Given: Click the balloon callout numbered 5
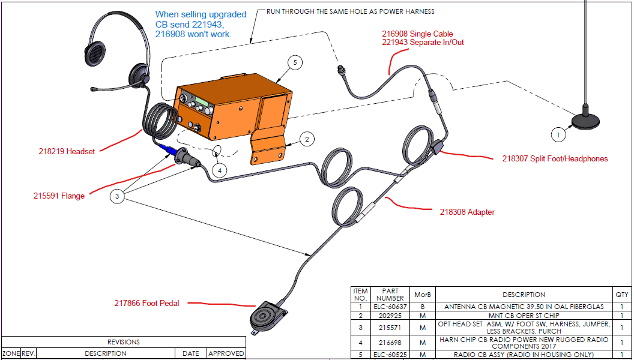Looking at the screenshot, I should coord(294,62).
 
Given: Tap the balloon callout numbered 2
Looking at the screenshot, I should coord(306,139).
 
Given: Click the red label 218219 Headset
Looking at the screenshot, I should coord(67,151).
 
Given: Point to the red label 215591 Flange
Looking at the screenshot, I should coord(59,196).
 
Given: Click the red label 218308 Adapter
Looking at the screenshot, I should coord(467,212).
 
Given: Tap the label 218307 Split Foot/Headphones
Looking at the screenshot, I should coord(555,159).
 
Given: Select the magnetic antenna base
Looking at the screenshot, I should coord(584,121).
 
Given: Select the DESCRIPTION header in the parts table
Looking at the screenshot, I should coord(524,295).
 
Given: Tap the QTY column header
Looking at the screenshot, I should coord(621,295).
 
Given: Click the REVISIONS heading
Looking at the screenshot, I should coord(123,342).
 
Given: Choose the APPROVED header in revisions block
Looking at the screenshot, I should coord(226,353).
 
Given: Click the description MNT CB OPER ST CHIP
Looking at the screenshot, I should coord(524,316).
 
